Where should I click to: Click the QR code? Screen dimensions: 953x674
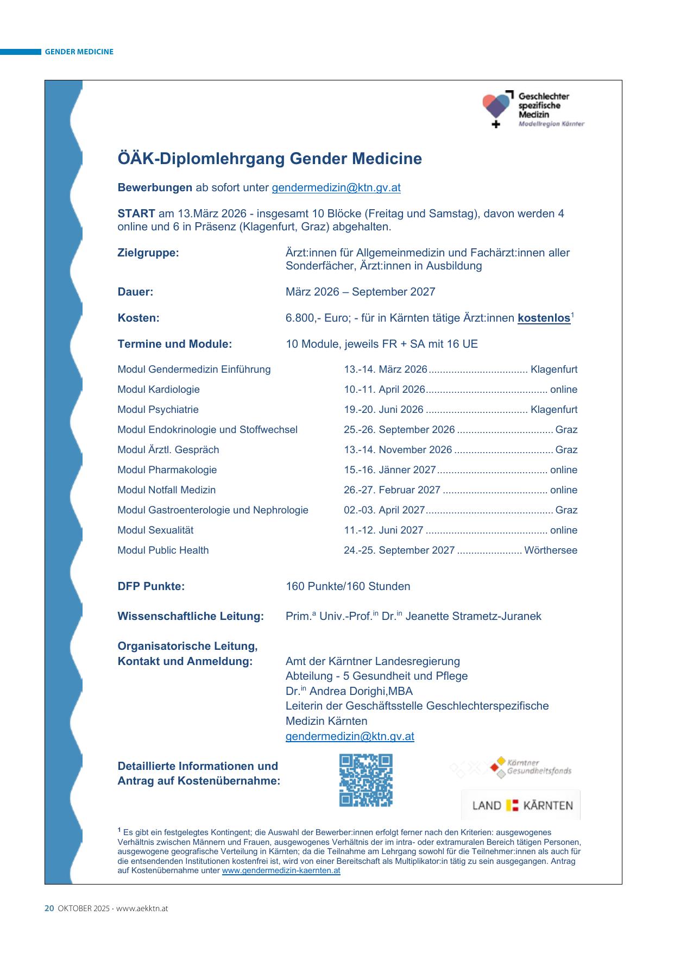(x=366, y=780)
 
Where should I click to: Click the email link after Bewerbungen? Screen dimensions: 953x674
(x=336, y=187)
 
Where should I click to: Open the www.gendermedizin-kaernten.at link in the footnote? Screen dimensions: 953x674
(x=281, y=870)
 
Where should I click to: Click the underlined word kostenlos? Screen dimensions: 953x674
(x=544, y=318)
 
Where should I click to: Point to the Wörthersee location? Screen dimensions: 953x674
(x=551, y=550)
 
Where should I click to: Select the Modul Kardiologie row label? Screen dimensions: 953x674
(x=159, y=390)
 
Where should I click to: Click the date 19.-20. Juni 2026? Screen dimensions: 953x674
(x=383, y=410)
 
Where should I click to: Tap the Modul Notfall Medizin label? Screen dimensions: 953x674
(x=166, y=490)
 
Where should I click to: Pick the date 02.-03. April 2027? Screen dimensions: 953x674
(x=384, y=510)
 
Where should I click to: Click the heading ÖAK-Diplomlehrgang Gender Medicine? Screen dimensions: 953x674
(x=269, y=159)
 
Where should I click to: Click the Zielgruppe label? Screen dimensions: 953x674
(x=148, y=253)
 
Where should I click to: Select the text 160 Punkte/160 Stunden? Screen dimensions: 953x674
(x=348, y=586)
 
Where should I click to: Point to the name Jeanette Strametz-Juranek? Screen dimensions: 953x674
(x=473, y=616)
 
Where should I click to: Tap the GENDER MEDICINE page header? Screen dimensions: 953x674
(x=79, y=52)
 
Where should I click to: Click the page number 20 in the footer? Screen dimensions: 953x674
(x=49, y=908)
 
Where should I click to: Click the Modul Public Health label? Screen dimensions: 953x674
(x=163, y=550)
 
